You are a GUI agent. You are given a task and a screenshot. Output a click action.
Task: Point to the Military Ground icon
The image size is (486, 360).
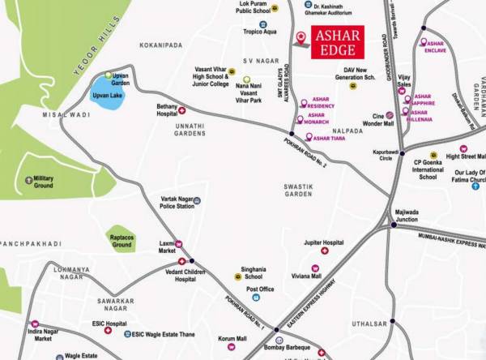coord(29,179)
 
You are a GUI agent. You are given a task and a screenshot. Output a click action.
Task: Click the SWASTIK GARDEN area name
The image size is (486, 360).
coord(298,191)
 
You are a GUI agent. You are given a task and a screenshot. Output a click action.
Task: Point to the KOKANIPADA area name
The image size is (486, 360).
coord(162,46)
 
